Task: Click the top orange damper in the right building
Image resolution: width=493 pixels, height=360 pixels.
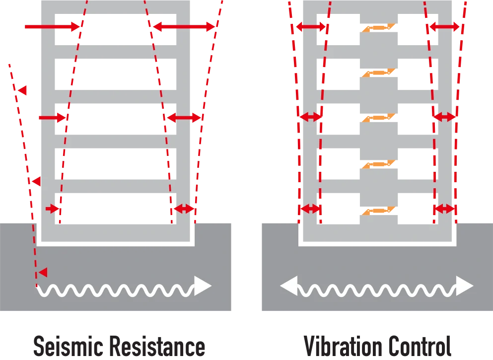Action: pyautogui.click(x=379, y=28)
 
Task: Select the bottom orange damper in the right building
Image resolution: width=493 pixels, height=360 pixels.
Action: pyautogui.click(x=379, y=211)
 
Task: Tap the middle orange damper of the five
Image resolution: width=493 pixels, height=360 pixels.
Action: pyautogui.click(x=379, y=118)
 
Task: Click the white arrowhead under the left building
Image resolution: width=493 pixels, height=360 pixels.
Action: pyautogui.click(x=203, y=286)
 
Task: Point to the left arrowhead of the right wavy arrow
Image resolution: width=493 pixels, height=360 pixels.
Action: pyautogui.click(x=288, y=286)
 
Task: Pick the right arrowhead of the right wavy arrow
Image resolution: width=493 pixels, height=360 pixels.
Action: pyautogui.click(x=464, y=286)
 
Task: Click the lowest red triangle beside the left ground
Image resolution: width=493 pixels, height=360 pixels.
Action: pyautogui.click(x=43, y=272)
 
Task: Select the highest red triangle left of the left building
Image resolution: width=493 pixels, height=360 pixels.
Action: pyautogui.click(x=22, y=90)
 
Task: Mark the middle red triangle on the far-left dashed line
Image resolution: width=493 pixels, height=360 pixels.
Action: pyautogui.click(x=35, y=181)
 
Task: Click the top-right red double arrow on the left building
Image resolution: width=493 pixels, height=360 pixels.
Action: pyautogui.click(x=184, y=27)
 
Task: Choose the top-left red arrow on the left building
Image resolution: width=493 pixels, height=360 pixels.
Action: pyautogui.click(x=53, y=27)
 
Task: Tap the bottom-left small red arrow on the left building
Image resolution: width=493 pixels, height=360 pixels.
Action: pyautogui.click(x=53, y=209)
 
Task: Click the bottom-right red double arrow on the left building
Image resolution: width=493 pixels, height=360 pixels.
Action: pyautogui.click(x=184, y=209)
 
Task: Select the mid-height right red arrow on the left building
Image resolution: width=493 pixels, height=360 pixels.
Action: pyautogui.click(x=184, y=118)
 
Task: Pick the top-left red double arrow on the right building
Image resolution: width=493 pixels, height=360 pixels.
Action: pyautogui.click(x=311, y=27)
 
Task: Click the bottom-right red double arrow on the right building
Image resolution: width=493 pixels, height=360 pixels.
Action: pyautogui.click(x=444, y=209)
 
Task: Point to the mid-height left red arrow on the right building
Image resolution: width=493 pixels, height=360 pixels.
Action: pyautogui.click(x=310, y=117)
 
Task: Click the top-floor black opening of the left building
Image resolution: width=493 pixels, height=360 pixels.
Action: pyautogui.click(x=115, y=30)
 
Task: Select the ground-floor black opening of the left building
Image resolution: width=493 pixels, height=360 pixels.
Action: pyautogui.click(x=115, y=209)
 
